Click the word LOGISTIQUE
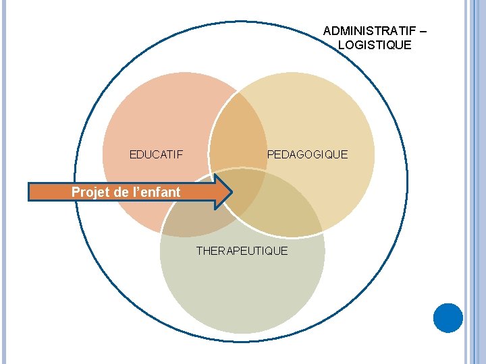[374, 45]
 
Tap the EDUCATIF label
[156, 155]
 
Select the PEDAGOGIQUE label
[307, 155]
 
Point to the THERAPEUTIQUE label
[242, 251]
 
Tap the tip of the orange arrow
[231, 191]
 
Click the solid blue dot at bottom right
[448, 317]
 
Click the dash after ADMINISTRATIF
[423, 31]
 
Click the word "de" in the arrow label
[122, 192]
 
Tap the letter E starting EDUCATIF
[133, 155]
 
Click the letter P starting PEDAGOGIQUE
[271, 155]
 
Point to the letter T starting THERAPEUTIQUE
[199, 251]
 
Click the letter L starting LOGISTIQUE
[341, 45]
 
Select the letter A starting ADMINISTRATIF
[327, 31]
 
